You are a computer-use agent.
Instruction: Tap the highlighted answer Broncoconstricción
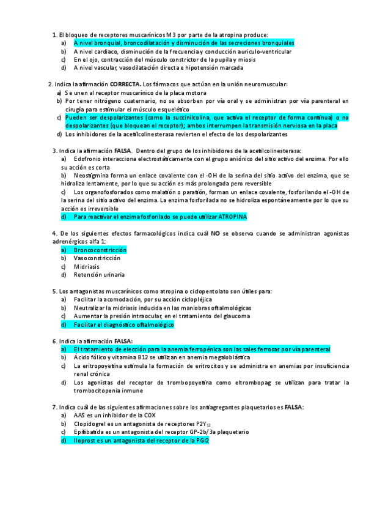(x=100, y=250)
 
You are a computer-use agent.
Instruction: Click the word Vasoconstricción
(x=97, y=258)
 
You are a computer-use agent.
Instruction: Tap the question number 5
(x=54, y=291)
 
